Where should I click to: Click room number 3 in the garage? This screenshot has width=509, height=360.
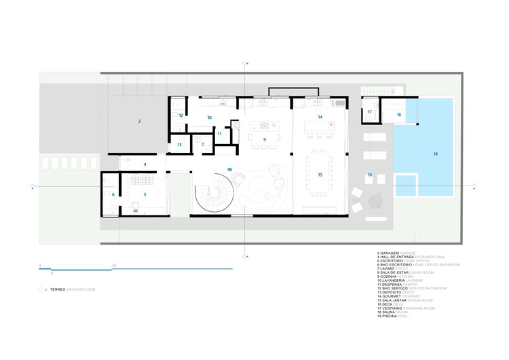(139, 122)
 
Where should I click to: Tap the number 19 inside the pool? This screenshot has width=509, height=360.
(435, 154)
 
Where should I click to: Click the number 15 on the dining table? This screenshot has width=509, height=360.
(320, 175)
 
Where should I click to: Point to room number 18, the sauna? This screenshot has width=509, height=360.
(399, 115)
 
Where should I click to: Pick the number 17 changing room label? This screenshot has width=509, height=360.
(370, 112)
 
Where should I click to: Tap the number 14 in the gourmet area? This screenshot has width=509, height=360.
(320, 118)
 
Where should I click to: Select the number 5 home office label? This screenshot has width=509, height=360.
(145, 195)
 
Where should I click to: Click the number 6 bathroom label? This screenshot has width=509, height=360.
(113, 195)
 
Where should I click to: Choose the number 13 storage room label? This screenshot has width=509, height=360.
(180, 145)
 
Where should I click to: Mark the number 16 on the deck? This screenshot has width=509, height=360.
(370, 175)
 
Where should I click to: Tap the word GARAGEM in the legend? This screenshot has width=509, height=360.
(392, 252)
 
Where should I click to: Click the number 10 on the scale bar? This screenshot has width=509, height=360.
(115, 265)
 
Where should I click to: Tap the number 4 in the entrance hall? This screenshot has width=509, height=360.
(145, 164)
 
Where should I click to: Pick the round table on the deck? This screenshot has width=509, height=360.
(375, 203)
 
